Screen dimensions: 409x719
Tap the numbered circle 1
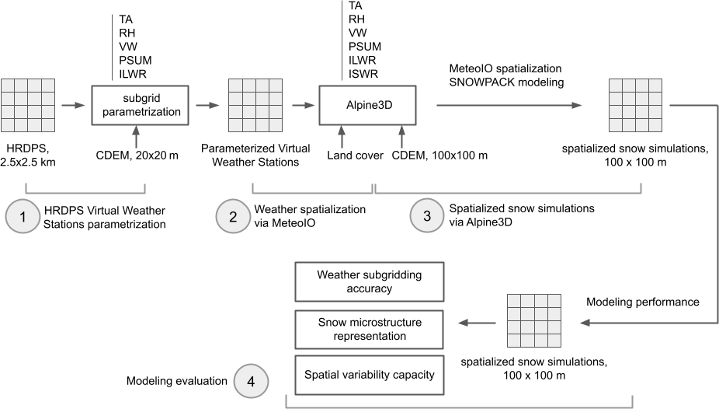[24, 218]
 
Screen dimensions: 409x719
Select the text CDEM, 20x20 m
[137, 156]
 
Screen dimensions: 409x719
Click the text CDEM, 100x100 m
[439, 156]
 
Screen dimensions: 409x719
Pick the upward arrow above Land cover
[340, 138]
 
